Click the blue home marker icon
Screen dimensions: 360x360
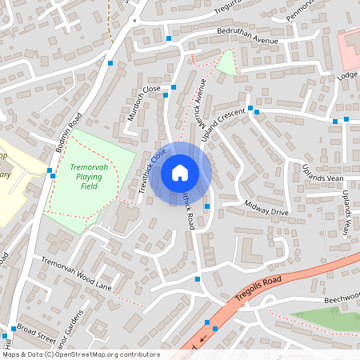180,172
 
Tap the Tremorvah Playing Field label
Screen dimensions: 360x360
89,178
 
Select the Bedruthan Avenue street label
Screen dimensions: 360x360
247,39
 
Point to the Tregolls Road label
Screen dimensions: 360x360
260,290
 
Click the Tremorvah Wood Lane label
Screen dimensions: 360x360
77,272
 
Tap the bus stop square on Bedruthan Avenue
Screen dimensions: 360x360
168,38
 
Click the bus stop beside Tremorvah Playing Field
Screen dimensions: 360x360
50,170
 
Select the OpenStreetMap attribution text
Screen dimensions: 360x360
80,354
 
